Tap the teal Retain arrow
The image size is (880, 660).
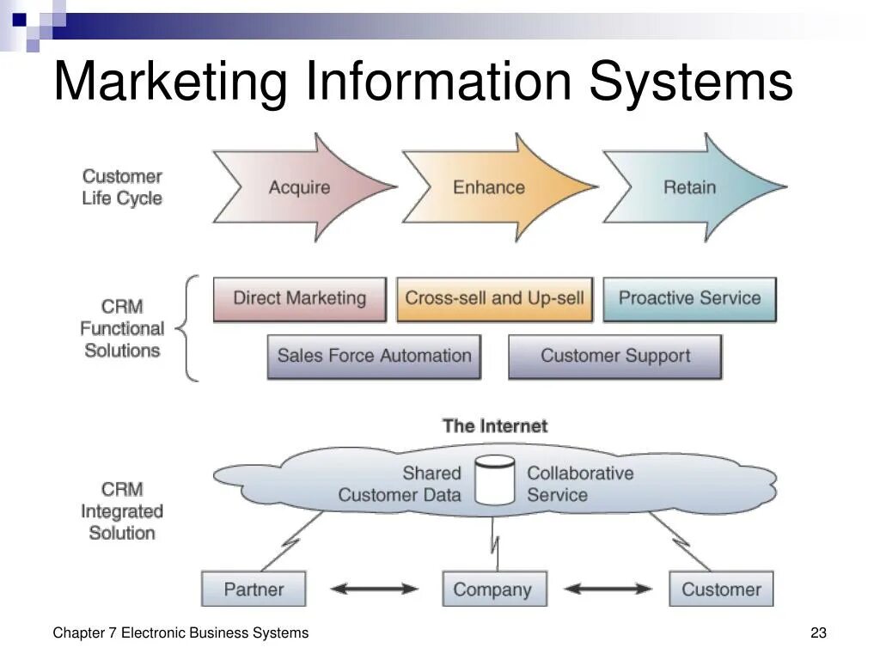[x=690, y=187]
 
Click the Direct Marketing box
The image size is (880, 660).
[x=299, y=299]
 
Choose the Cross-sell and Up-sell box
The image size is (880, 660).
[x=494, y=299]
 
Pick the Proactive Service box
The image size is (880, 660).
[x=689, y=299]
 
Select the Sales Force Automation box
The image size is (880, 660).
[x=374, y=357]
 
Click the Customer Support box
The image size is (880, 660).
[x=615, y=357]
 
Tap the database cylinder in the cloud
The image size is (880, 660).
[x=494, y=481]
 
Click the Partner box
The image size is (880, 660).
[x=254, y=590]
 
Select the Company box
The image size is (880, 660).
[x=493, y=590]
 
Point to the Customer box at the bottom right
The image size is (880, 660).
[x=721, y=590]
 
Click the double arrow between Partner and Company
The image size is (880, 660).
[x=374, y=590]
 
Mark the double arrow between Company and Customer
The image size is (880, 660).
[x=608, y=590]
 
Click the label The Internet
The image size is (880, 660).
[x=494, y=426]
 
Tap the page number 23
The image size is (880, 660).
[x=818, y=633]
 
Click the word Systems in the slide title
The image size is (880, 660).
[x=691, y=82]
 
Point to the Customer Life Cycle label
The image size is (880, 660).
[x=122, y=187]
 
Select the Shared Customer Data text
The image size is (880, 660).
[x=400, y=484]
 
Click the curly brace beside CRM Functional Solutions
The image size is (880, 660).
[x=189, y=328]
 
